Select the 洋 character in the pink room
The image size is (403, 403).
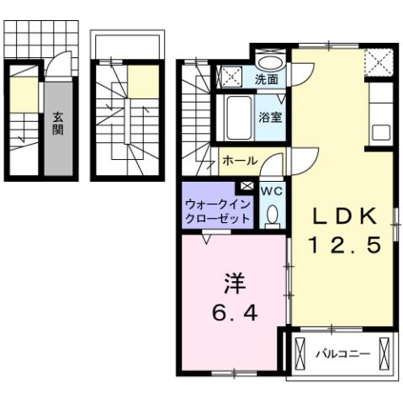pyautogui.click(x=234, y=283)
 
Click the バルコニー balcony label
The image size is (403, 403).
pyautogui.click(x=342, y=354)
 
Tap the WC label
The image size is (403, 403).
pyautogui.click(x=271, y=191)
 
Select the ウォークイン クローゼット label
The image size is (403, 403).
pyautogui.click(x=218, y=211)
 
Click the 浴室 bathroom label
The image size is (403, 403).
pyautogui.click(x=270, y=117)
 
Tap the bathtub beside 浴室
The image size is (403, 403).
pyautogui.click(x=238, y=117)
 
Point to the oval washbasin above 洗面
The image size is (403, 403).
pyautogui.click(x=270, y=62)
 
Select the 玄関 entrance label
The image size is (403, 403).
pyautogui.click(x=57, y=124)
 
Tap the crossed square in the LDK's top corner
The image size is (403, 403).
pyautogui.click(x=378, y=61)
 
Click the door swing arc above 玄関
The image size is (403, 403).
pyautogui.click(x=57, y=63)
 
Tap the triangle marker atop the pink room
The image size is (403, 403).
pyautogui.click(x=206, y=238)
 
